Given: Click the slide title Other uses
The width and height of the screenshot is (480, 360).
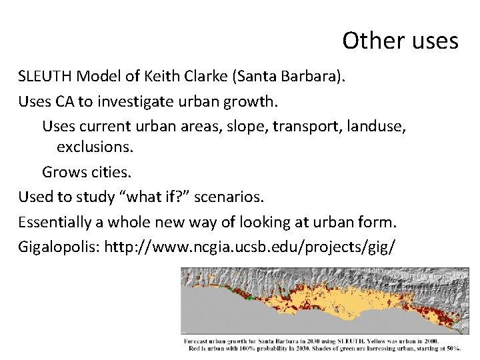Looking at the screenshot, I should [x=400, y=41].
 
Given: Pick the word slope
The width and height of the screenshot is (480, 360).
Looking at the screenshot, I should [x=233, y=125].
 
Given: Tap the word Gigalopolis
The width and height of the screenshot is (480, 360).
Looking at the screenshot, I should [x=58, y=246].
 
